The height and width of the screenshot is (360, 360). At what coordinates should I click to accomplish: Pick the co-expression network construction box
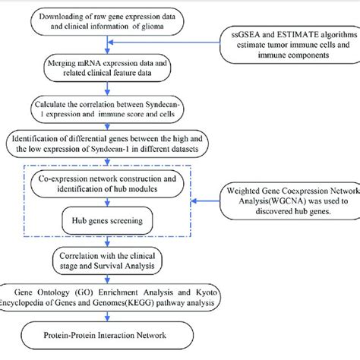tap(114, 182)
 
